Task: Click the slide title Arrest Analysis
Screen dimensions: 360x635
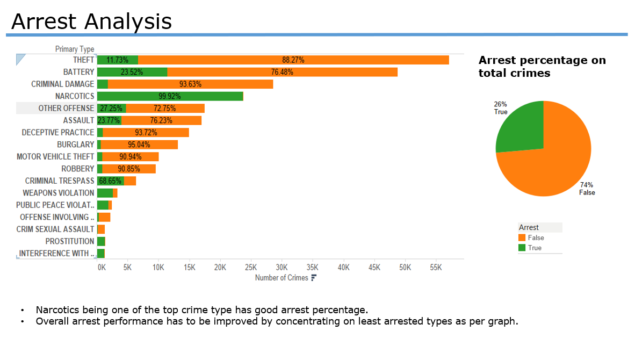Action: coord(91,21)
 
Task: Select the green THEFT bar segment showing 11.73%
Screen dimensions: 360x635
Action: coord(117,60)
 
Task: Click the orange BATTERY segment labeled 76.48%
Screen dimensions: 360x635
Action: coord(282,72)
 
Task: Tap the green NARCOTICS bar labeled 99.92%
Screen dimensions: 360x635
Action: coord(170,96)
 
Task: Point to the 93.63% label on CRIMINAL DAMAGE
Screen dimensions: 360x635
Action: coord(190,84)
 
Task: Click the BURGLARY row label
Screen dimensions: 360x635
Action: coord(75,145)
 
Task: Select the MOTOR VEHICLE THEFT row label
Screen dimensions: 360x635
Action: coord(55,157)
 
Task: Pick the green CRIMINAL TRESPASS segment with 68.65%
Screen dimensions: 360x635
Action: coord(110,181)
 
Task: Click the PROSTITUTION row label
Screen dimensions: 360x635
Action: coord(69,241)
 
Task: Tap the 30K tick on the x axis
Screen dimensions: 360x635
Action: coord(282,267)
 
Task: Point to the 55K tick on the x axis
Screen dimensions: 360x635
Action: coord(436,267)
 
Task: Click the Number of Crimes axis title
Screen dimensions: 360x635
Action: coord(282,278)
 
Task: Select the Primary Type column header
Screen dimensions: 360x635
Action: coord(75,49)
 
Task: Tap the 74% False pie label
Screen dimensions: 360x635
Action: coord(587,189)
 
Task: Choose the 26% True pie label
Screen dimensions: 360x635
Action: coord(501,108)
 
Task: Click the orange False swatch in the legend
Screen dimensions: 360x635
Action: coord(522,237)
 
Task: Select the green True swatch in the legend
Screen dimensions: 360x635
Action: coord(522,248)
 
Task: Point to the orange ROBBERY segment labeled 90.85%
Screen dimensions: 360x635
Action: coord(129,169)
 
